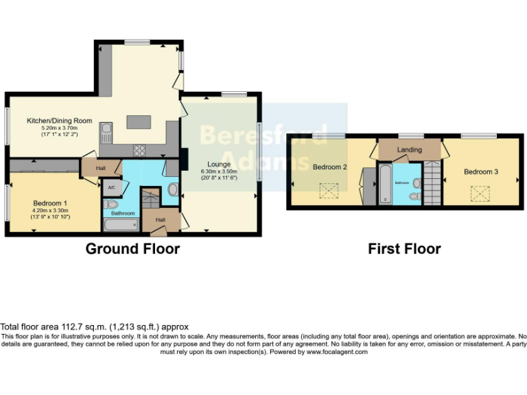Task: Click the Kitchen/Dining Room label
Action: click(x=59, y=121)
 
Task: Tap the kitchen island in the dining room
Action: click(x=138, y=122)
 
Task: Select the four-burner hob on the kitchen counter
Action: click(x=139, y=149)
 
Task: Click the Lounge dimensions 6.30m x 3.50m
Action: click(x=220, y=171)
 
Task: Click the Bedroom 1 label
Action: click(x=51, y=203)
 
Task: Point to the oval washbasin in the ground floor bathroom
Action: click(x=172, y=190)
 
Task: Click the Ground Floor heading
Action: click(x=132, y=249)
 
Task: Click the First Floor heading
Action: click(x=404, y=249)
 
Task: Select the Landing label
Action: click(x=410, y=149)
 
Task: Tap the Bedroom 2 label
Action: click(x=330, y=167)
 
